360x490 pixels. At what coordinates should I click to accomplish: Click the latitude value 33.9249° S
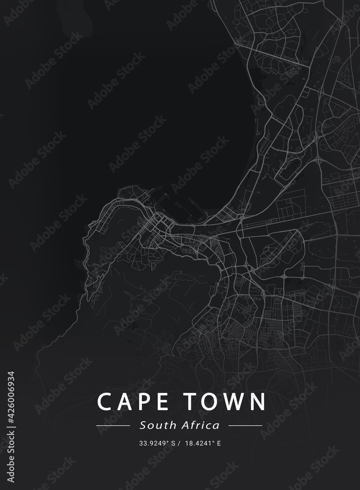click(x=157, y=444)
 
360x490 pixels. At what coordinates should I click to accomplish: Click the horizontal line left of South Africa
click(x=113, y=426)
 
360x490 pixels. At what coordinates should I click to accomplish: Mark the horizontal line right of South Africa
click(x=245, y=426)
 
